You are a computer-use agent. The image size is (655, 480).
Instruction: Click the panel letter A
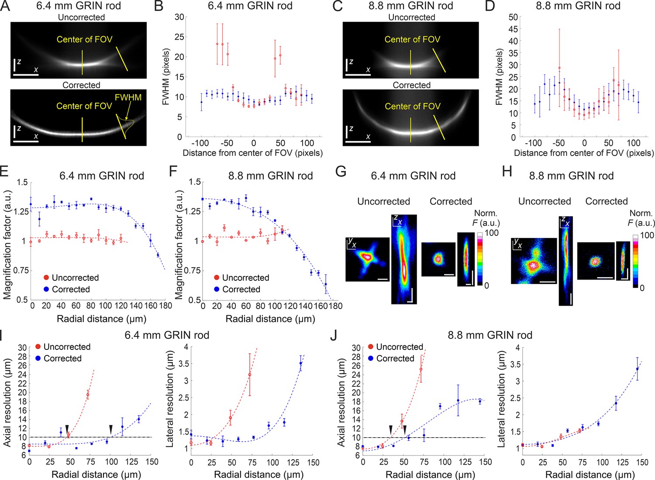click(x=5, y=6)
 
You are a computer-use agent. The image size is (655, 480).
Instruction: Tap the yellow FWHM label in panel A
click(x=128, y=97)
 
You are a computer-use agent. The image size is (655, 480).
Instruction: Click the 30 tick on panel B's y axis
click(x=179, y=17)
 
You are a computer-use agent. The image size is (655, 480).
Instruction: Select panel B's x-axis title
click(x=253, y=153)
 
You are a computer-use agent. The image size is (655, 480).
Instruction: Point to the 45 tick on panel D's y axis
click(x=513, y=29)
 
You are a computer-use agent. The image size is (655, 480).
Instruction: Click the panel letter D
click(x=490, y=6)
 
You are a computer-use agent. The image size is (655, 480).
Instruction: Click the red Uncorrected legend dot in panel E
click(x=46, y=278)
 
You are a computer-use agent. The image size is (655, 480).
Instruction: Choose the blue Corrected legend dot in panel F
click(x=217, y=289)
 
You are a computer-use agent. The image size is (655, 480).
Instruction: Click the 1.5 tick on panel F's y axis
click(x=195, y=182)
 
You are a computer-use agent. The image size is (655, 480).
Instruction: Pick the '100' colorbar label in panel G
click(x=492, y=233)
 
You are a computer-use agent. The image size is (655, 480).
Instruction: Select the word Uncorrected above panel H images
click(x=545, y=201)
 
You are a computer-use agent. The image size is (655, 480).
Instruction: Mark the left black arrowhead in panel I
click(x=67, y=429)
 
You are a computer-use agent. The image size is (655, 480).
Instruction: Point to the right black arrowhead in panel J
click(x=405, y=430)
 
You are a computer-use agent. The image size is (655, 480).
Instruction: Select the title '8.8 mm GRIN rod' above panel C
click(x=411, y=6)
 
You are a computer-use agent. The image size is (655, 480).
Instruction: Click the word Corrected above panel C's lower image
click(x=411, y=85)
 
